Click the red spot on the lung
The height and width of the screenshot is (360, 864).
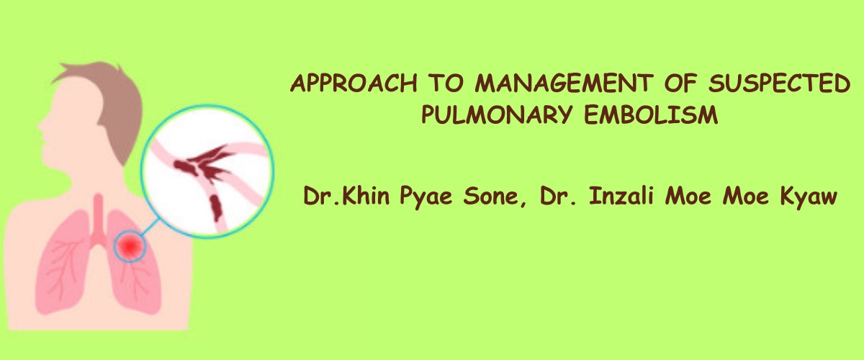(130, 246)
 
